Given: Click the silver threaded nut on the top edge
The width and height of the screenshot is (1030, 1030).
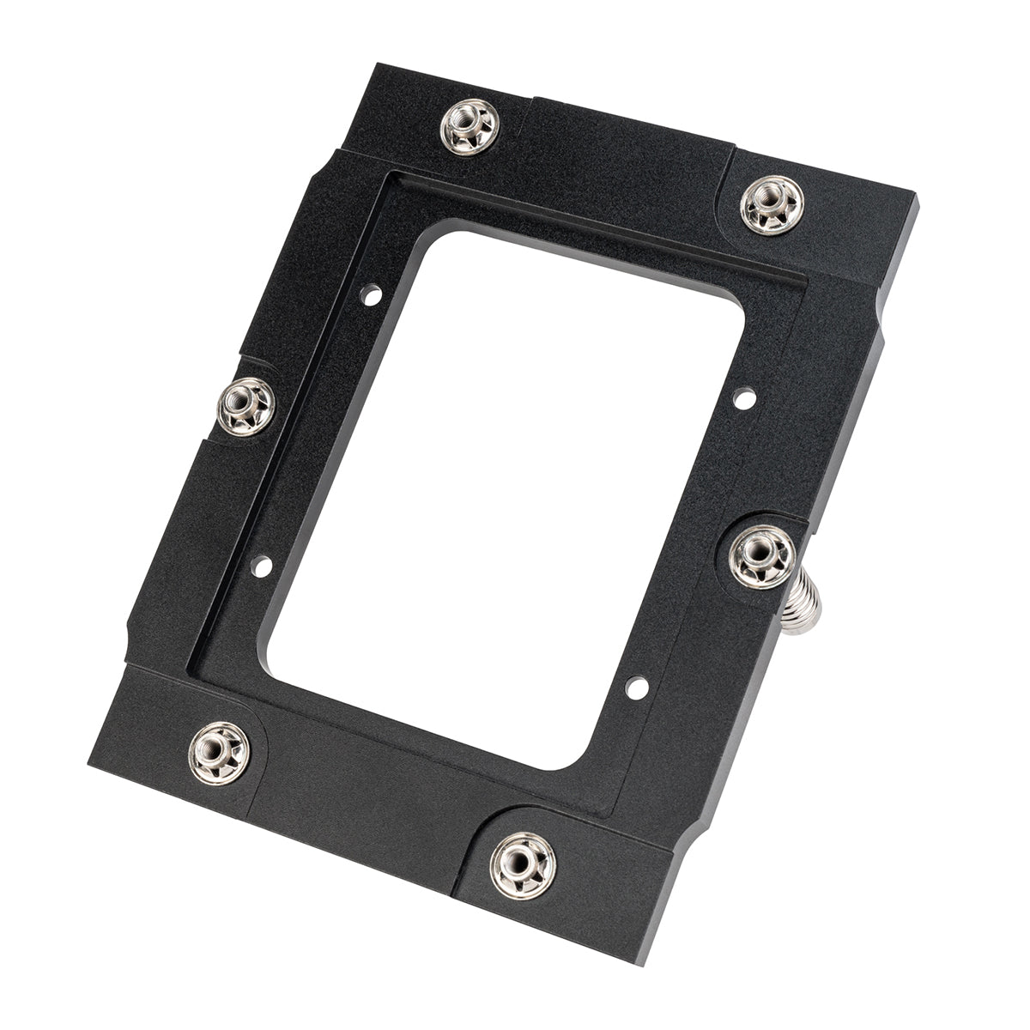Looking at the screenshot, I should pos(469,127).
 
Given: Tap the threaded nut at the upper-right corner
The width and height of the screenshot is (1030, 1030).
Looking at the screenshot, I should pos(772,203).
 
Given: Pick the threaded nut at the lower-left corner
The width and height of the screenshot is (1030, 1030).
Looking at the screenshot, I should pos(219,752).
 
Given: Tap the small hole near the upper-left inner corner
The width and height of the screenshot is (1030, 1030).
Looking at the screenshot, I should pos(371,295).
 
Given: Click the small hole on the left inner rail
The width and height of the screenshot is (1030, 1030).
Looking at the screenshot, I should pos(262,566).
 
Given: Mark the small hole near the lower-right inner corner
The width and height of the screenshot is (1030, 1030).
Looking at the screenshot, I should pos(636,687).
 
